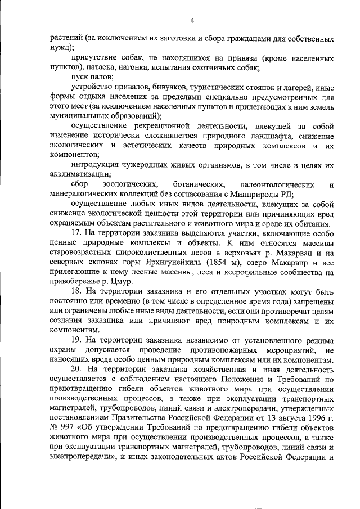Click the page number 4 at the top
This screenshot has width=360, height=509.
pos(192,21)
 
